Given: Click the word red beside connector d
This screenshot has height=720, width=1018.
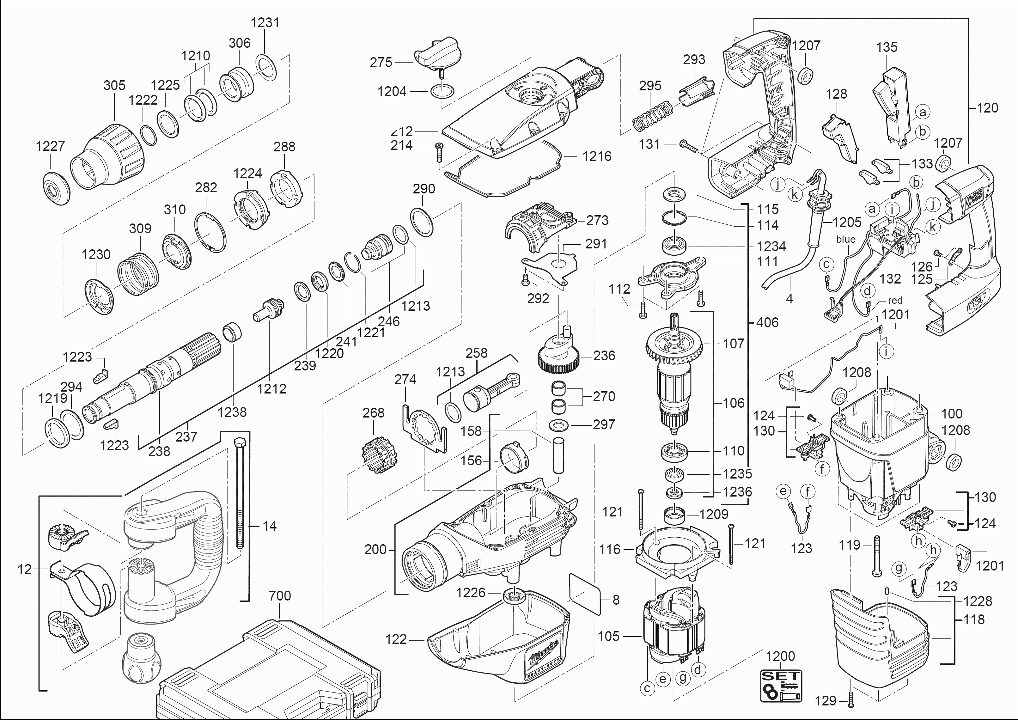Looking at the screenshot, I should click(895, 301).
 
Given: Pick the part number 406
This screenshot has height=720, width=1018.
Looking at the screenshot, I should click(767, 322).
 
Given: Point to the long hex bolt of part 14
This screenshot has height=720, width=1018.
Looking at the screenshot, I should click(240, 492).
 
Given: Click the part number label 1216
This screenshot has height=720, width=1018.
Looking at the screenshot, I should click(597, 156).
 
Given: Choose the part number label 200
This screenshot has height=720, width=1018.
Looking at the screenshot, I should click(375, 550).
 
